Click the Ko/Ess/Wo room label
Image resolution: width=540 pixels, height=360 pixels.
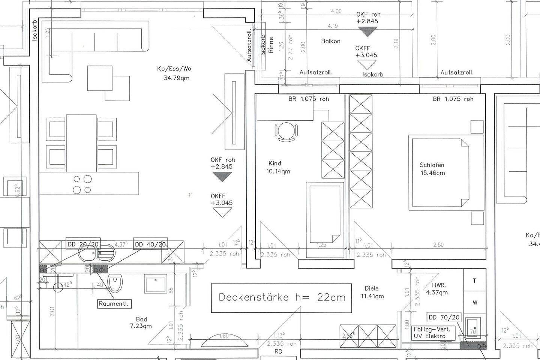pos(174,69)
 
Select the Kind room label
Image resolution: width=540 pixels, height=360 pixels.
pos(275,163)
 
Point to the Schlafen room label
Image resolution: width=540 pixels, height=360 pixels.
pos(432,165)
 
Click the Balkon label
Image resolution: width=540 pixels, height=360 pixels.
pos(331,41)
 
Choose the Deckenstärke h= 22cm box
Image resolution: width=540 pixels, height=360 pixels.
pos(281,298)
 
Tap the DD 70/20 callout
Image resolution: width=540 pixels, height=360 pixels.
pos(444,317)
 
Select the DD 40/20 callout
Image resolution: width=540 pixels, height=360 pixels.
pos(150,244)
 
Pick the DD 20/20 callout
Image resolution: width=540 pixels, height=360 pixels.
pos(83,244)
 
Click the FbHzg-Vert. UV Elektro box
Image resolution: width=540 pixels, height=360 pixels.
pos(434,332)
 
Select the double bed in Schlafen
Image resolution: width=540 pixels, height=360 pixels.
pos(439,172)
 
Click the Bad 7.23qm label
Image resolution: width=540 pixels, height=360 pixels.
pos(141,322)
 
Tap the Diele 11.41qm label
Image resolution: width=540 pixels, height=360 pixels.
pos(372,292)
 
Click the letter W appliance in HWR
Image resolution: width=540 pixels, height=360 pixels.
pos(475,303)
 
